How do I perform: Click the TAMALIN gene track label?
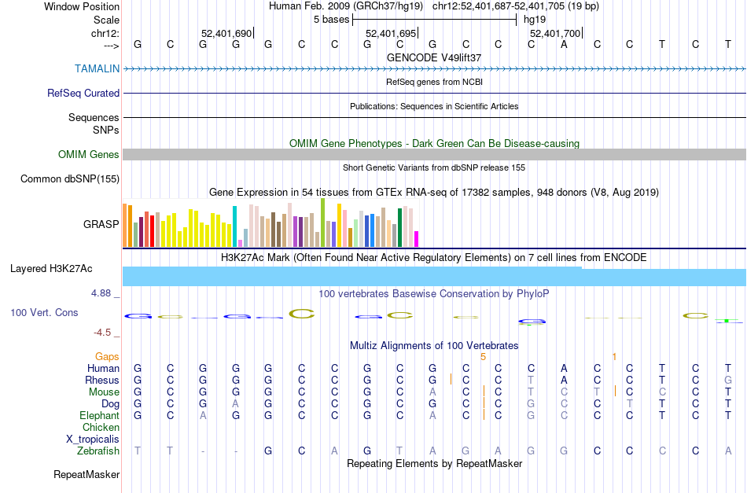tap(98, 68)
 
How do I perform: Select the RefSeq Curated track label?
tap(83, 93)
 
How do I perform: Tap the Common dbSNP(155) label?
tap(70, 178)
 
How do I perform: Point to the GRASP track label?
tap(101, 224)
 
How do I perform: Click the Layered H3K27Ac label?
tap(51, 268)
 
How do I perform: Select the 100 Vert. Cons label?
tap(44, 312)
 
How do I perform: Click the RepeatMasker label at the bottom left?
tap(86, 474)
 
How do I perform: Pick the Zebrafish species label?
tap(98, 451)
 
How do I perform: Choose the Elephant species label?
tap(99, 415)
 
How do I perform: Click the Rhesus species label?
tap(102, 380)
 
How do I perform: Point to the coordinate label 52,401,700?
tap(555, 33)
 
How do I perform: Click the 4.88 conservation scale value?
tap(105, 293)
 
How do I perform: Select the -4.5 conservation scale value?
tap(107, 332)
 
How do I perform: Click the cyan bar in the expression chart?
tap(235, 226)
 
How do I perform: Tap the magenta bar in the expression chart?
tap(417, 238)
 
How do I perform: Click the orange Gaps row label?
tap(108, 356)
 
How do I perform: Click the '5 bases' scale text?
tap(330, 19)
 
